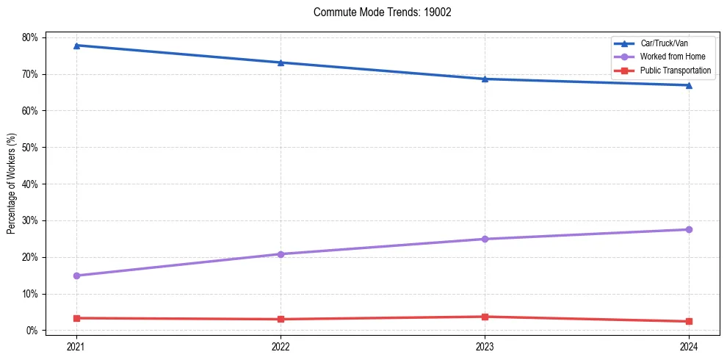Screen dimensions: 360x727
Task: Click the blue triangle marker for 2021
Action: click(76, 46)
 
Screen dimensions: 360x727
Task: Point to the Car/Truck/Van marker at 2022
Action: click(281, 62)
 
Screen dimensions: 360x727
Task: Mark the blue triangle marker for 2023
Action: click(485, 79)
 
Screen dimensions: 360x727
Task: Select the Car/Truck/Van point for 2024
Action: click(689, 85)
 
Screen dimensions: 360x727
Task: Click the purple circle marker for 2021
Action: click(76, 276)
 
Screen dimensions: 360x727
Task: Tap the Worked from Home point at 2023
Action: click(485, 239)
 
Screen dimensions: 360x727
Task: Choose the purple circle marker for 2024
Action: click(689, 229)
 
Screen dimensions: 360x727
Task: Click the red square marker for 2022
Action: click(281, 319)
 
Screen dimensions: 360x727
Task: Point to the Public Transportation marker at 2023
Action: click(485, 317)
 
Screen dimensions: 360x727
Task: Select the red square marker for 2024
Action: click(689, 321)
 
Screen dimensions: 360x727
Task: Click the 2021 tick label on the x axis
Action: click(76, 345)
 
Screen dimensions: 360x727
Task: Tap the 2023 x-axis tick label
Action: click(485, 345)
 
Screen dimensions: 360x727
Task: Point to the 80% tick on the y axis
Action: click(32, 37)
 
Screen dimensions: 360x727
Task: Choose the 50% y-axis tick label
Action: click(32, 147)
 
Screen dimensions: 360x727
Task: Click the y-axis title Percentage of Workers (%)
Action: click(12, 184)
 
